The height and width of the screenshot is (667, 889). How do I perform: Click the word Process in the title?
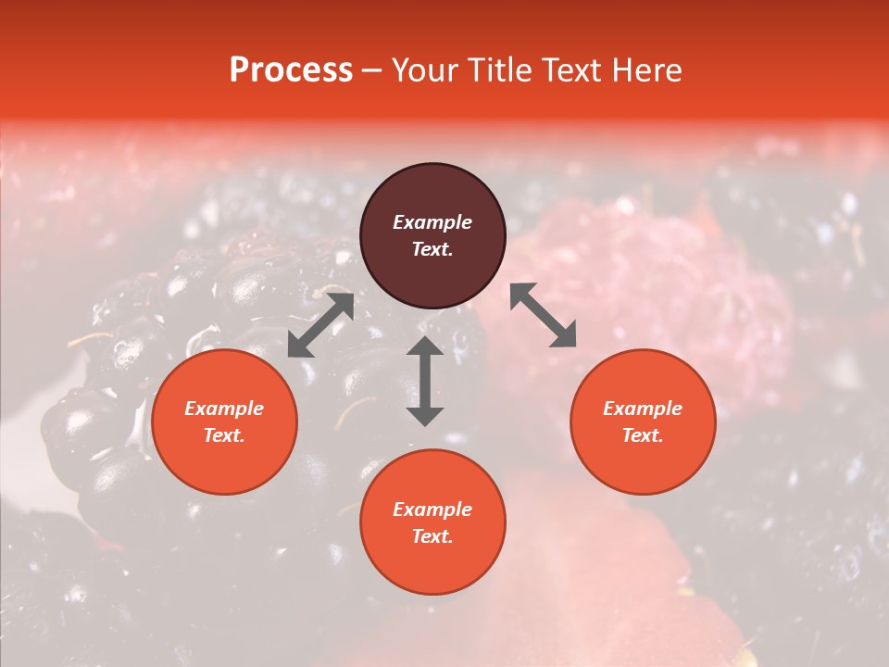pyautogui.click(x=291, y=70)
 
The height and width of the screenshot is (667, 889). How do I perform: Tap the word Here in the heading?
pyautogui.click(x=645, y=70)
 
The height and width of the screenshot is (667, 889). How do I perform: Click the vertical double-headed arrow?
pyautogui.click(x=425, y=382)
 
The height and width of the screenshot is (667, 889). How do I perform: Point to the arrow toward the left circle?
pyautogui.click(x=320, y=325)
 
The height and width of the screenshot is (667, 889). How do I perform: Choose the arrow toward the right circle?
pyautogui.click(x=543, y=315)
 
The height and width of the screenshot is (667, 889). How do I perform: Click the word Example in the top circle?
pyautogui.click(x=432, y=222)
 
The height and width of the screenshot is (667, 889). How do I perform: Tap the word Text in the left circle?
pyautogui.click(x=224, y=435)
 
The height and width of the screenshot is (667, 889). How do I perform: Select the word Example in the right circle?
pyautogui.click(x=643, y=409)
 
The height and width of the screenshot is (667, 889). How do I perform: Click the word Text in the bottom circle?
pyautogui.click(x=432, y=536)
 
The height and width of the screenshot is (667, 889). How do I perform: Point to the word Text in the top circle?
pyautogui.click(x=432, y=249)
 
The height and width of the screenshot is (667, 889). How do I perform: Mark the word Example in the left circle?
pyautogui.click(x=224, y=409)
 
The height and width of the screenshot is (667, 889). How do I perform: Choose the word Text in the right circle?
pyautogui.click(x=643, y=435)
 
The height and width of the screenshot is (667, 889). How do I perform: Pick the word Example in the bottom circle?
pyautogui.click(x=432, y=510)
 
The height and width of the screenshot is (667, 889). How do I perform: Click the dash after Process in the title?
pyautogui.click(x=372, y=71)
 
